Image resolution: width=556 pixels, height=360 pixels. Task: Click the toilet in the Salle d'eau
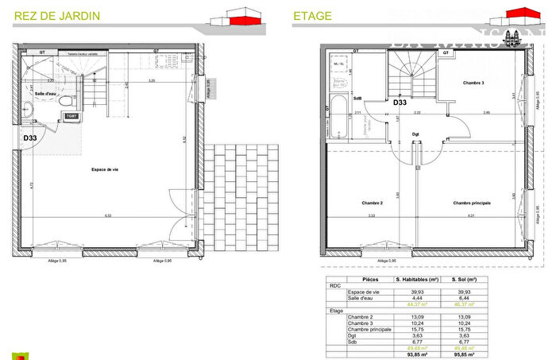pyautogui.click(x=69, y=103)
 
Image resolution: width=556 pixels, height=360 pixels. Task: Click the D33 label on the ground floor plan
pyautogui.click(x=31, y=137)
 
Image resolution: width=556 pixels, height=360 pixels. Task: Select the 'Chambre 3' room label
pyautogui.click(x=473, y=83)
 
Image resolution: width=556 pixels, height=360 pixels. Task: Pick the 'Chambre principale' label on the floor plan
pyautogui.click(x=472, y=203)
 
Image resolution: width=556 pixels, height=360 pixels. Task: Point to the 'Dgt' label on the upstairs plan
pyautogui.click(x=415, y=134)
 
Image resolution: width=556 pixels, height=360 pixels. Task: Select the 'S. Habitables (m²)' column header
pyautogui.click(x=417, y=280)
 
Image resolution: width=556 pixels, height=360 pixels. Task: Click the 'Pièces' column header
pyautogui.click(x=370, y=280)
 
